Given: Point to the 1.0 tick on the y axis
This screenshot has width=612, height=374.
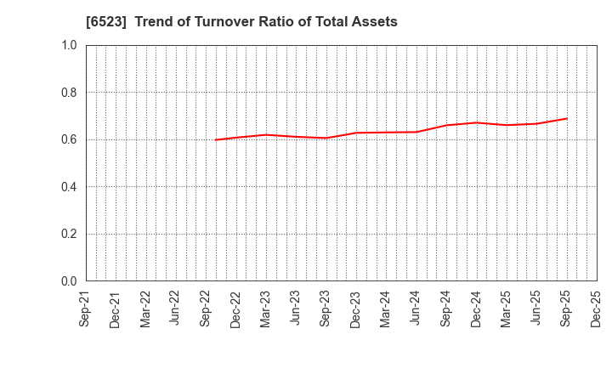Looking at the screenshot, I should (x=69, y=45).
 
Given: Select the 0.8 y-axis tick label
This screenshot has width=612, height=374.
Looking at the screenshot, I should (x=69, y=93).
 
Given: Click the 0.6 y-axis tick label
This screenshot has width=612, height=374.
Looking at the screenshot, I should (x=69, y=139).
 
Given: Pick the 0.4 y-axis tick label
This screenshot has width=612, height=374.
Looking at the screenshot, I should (x=69, y=187).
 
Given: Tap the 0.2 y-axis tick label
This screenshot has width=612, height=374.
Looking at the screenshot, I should (x=69, y=234).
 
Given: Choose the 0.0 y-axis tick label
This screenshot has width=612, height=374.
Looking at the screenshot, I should (x=69, y=281).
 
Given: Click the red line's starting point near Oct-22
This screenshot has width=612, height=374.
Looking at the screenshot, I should (x=216, y=139).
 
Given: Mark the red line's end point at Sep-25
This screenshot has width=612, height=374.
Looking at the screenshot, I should (x=566, y=118).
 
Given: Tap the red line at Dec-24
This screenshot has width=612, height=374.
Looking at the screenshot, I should (x=476, y=122).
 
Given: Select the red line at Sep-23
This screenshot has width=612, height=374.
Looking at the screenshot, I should (x=326, y=138).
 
